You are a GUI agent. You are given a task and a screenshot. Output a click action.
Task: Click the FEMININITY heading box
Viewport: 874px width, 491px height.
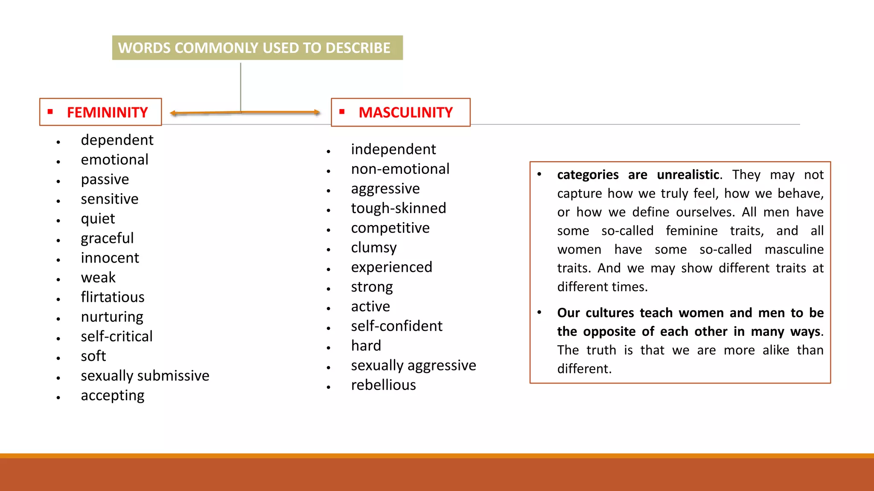coord(101,112)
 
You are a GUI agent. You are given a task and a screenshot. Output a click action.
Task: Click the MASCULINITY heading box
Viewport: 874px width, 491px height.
coord(400,113)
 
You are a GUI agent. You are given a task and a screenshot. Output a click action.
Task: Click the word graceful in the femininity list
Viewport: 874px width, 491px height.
coord(107,238)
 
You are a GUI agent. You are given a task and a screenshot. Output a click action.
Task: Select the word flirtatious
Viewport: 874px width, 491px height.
coord(113,297)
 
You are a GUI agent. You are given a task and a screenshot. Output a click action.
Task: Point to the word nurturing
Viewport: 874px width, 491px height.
coord(112,317)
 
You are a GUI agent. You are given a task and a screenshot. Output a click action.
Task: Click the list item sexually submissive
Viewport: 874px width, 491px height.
coord(145,376)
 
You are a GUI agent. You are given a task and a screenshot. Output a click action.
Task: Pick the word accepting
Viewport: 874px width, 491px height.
coord(113,396)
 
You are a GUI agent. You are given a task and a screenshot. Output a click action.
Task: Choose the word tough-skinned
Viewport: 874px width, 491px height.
coord(398,208)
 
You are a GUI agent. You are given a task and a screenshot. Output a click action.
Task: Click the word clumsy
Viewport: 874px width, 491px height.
coord(374,248)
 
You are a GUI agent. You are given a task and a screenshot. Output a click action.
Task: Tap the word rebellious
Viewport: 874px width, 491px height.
coord(383,385)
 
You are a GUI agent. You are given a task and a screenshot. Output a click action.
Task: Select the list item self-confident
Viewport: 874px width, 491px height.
coord(396,326)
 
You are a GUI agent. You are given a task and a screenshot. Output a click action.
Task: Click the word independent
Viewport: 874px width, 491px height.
coord(393,150)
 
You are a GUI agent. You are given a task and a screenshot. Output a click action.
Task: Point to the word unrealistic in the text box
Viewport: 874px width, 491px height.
coord(688,175)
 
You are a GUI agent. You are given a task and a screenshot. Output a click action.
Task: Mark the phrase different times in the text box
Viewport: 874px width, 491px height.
coord(602,287)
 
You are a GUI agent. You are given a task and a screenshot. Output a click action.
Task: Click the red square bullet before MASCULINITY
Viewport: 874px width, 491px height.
coord(342,112)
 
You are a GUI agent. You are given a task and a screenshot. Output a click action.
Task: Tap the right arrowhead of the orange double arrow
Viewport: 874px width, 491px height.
coord(317,113)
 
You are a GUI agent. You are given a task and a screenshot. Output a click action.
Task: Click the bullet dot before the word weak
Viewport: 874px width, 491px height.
coord(58,280)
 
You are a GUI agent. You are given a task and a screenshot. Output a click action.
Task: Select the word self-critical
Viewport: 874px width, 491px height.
coord(117,337)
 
